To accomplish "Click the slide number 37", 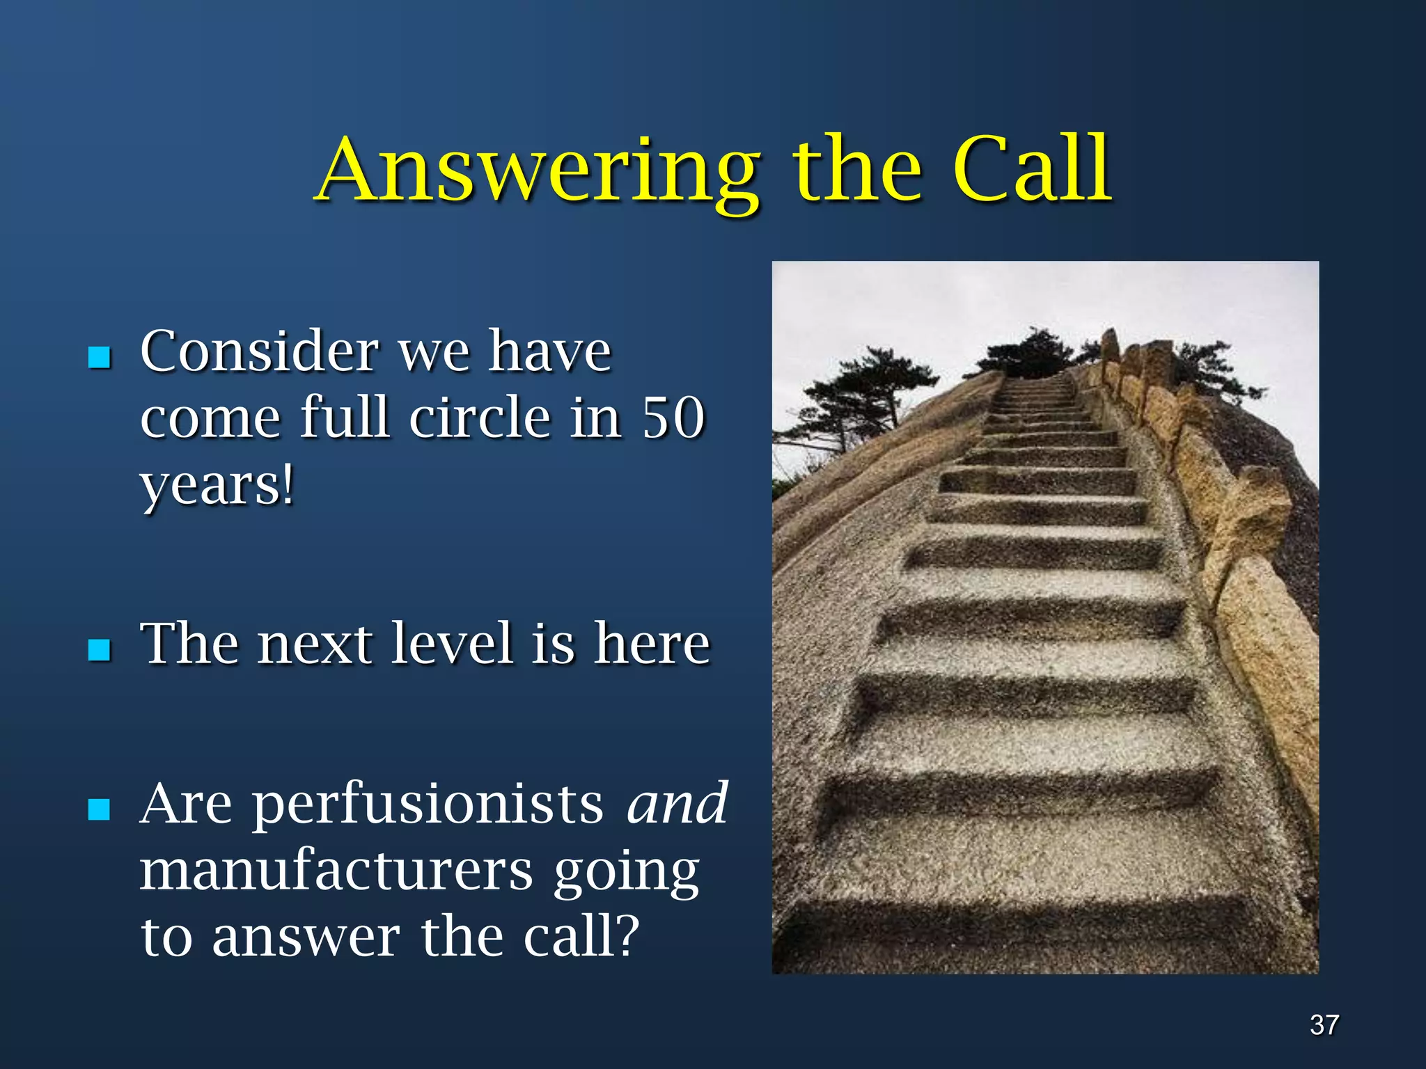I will tap(1324, 1024).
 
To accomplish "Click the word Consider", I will tap(258, 351).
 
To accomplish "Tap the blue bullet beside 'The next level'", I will tap(100, 649).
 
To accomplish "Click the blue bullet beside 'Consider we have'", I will tap(100, 357).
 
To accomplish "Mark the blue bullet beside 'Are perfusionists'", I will tap(100, 809).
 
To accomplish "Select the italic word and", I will tap(677, 804).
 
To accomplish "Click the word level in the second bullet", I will tap(452, 643).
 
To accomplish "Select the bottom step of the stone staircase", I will tap(1017, 933).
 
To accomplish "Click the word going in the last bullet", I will tap(627, 873).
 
